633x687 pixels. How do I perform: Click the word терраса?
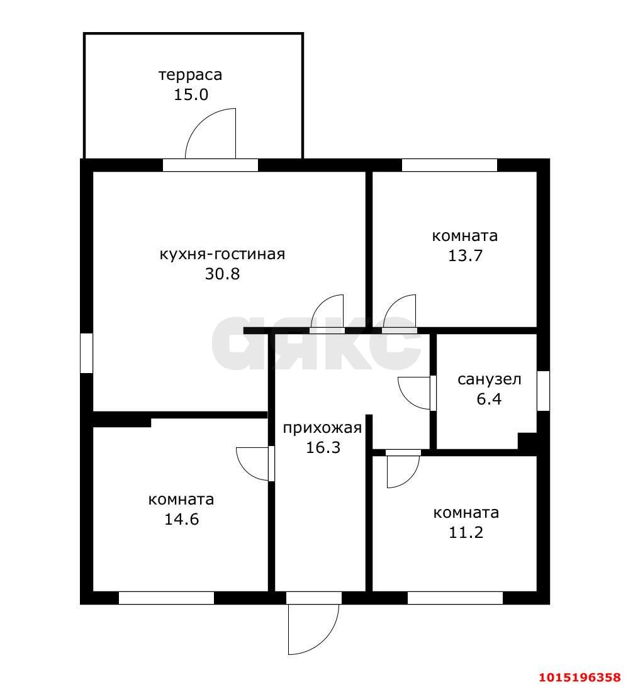click(190, 75)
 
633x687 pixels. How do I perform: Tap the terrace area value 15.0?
click(191, 94)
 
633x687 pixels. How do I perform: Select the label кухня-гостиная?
click(222, 254)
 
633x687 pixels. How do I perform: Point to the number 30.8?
click(223, 274)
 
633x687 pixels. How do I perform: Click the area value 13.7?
click(465, 255)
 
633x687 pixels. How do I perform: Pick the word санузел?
click(490, 379)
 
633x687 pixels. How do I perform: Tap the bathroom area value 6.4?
click(489, 399)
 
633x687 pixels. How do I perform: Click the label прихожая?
click(322, 428)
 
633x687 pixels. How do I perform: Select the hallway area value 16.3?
click(323, 448)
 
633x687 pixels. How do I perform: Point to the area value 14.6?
click(181, 519)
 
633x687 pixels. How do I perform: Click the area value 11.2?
click(466, 532)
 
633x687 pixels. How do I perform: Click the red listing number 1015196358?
click(580, 678)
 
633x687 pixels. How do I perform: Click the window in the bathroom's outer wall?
click(543, 391)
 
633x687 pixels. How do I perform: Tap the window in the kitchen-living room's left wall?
click(87, 353)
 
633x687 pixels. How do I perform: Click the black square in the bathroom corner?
click(527, 441)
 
